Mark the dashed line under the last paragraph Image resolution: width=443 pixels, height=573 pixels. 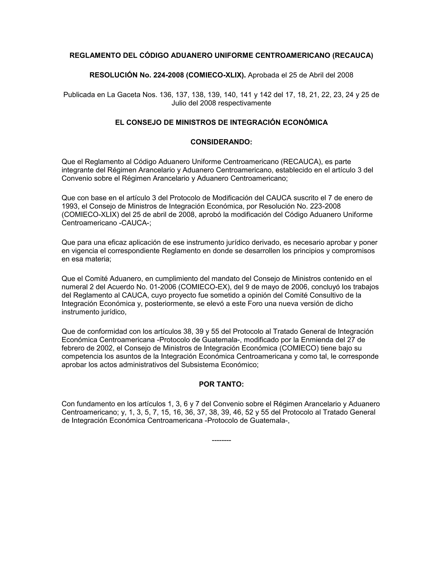click(221, 440)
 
